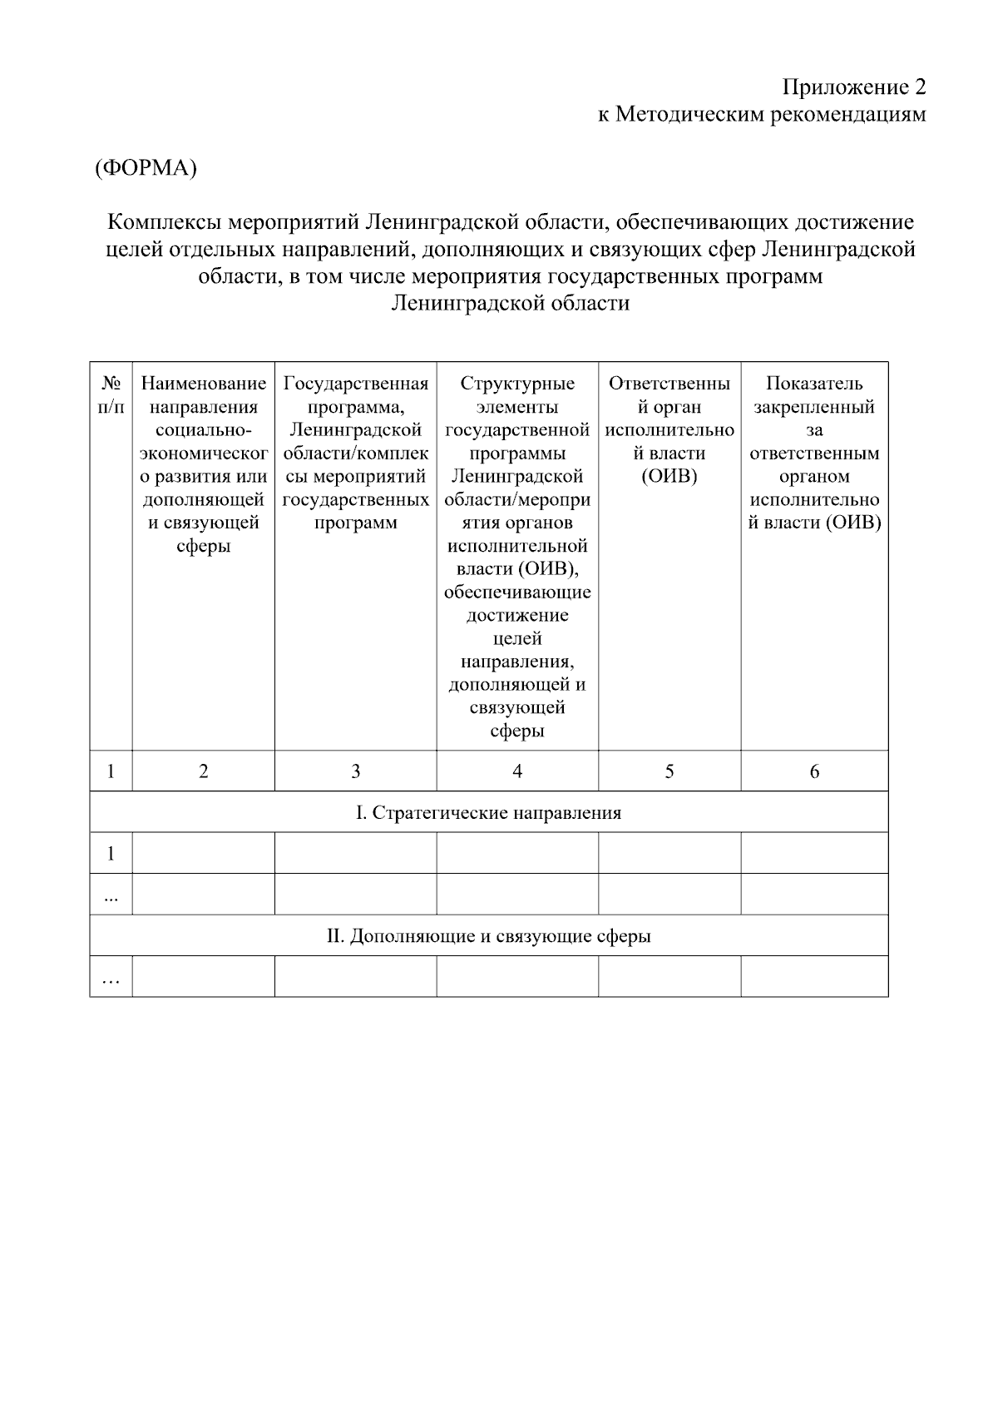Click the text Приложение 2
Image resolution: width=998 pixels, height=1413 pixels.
853,87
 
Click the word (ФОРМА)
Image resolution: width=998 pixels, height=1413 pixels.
146,168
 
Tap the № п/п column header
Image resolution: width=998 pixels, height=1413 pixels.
111,395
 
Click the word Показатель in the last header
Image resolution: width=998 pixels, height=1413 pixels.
814,384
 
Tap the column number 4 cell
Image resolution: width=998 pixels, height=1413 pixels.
517,771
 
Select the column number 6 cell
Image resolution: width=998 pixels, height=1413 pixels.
814,771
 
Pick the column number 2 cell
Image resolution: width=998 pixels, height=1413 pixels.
204,771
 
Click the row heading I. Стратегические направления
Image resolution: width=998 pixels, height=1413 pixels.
488,812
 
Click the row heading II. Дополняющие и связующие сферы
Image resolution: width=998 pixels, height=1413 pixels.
488,936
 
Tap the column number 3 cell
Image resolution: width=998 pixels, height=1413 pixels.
355,771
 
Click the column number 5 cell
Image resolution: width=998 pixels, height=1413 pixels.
669,771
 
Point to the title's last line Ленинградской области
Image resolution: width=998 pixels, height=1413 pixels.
510,303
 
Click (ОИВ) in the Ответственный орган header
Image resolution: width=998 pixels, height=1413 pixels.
669,477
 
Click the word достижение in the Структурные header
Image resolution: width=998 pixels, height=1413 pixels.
517,616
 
